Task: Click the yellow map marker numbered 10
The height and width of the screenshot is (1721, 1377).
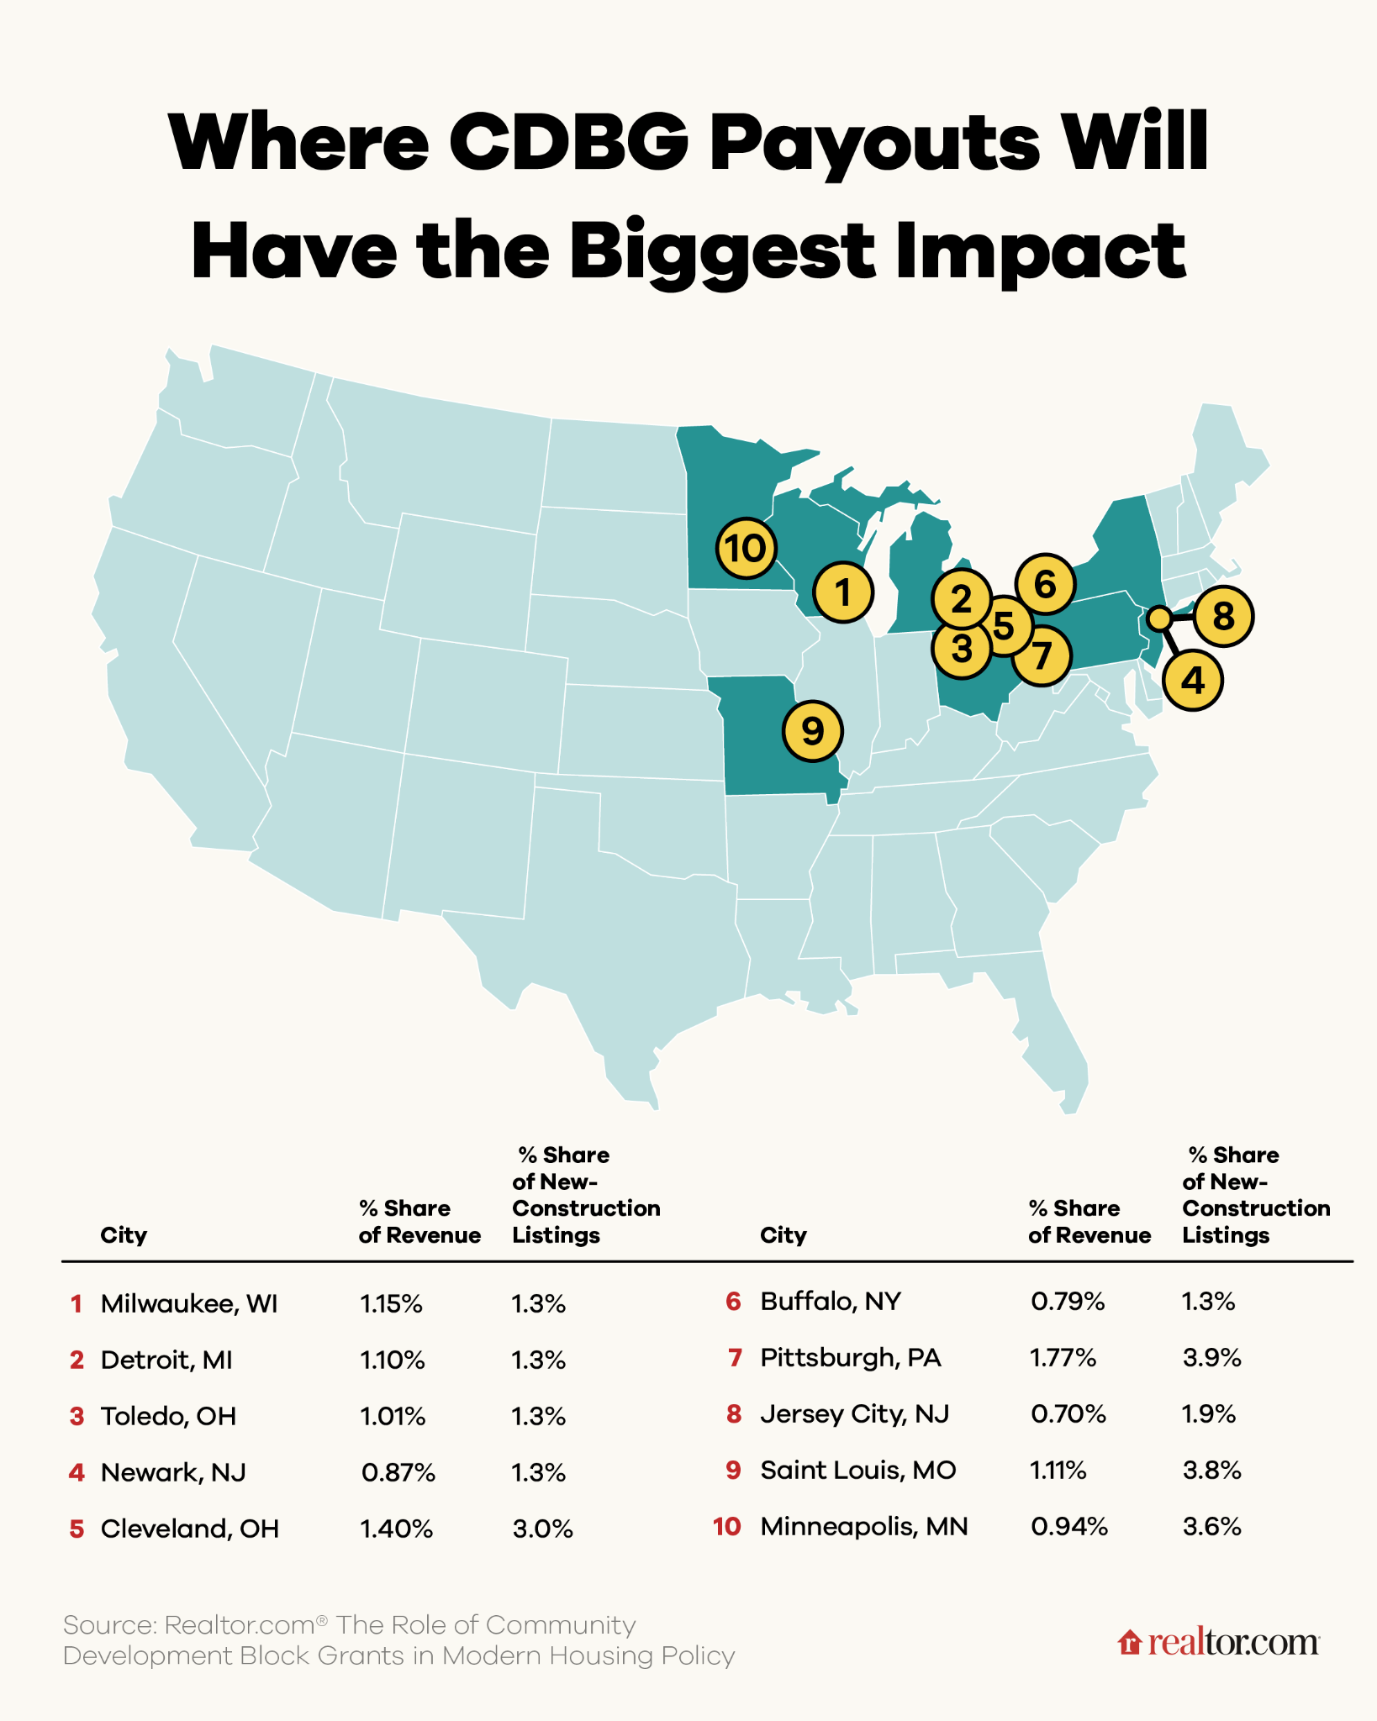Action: point(746,549)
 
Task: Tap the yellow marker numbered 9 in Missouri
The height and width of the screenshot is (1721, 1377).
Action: point(813,731)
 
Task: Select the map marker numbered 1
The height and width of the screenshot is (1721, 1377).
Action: point(844,592)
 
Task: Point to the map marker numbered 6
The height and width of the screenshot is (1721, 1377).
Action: point(1045,583)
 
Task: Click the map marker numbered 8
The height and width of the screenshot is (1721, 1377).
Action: point(1223,616)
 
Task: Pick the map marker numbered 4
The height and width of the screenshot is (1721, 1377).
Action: point(1193,680)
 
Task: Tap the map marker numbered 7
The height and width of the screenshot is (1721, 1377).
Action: point(1042,655)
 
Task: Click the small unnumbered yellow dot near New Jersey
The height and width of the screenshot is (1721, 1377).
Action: point(1158,618)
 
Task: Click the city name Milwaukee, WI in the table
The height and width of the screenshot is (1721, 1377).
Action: point(189,1304)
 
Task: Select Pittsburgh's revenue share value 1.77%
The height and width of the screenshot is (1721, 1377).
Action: point(1063,1358)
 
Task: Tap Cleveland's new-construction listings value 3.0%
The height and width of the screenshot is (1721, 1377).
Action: point(542,1529)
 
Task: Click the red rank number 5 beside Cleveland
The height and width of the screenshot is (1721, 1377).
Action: point(76,1529)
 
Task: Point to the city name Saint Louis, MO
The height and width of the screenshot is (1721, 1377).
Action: point(858,1471)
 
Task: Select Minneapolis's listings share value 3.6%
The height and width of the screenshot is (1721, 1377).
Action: point(1212,1527)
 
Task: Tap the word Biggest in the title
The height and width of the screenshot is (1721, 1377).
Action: point(722,252)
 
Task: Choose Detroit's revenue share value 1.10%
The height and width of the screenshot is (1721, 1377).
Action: point(393,1360)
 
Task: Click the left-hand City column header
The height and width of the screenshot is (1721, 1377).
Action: point(124,1235)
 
